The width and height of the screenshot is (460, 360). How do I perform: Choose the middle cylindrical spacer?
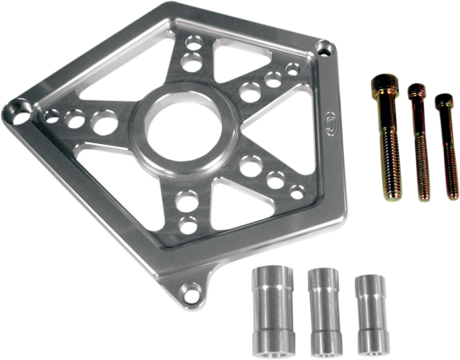pos(324,313)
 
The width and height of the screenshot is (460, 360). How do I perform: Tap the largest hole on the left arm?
pos(103,123)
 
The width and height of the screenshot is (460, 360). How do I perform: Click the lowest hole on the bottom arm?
pos(188,224)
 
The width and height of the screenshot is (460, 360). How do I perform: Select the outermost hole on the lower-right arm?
pos(297,192)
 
